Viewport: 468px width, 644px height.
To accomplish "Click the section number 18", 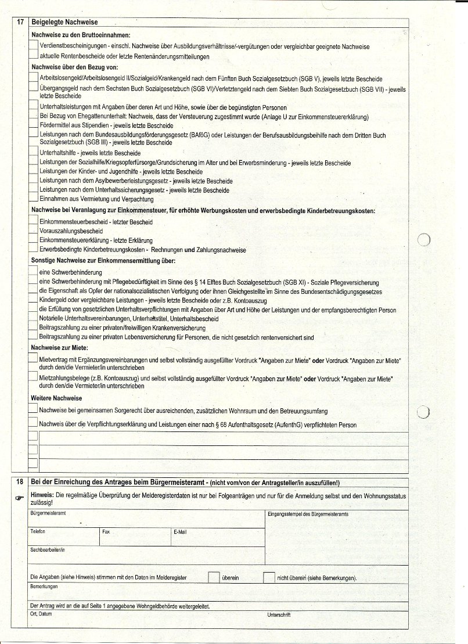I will point(20,483).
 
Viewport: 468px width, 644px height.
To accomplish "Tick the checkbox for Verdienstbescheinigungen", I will point(34,46).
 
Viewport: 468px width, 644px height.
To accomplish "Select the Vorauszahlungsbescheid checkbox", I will point(34,231).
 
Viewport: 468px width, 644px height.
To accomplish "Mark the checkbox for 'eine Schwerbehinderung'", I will point(34,272).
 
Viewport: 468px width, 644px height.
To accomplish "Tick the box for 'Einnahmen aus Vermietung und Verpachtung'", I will point(34,199).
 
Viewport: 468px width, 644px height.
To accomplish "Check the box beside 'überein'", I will point(214,577).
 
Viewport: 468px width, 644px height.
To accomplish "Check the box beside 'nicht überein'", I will point(268,577).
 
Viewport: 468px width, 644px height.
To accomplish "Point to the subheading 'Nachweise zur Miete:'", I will point(59,347).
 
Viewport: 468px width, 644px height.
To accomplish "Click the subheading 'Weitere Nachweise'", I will point(56,398).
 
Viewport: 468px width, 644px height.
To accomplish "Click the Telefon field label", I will point(38,531).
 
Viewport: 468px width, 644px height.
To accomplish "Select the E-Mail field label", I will point(179,531).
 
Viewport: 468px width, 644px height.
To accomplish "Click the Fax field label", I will point(106,531).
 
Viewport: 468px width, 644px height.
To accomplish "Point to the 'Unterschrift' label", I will point(279,614).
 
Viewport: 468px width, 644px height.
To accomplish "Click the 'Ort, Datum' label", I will point(41,614).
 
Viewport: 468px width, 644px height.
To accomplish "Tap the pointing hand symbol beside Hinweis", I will point(20,497).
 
